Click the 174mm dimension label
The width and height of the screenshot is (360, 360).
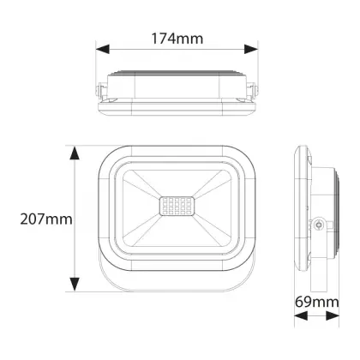coord(177,39)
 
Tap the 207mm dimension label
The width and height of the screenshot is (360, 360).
coord(46,219)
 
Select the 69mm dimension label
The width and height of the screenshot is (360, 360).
coord(317,302)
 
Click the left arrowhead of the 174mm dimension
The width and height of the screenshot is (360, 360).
coord(103,49)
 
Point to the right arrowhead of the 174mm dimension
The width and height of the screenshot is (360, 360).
coord(251,49)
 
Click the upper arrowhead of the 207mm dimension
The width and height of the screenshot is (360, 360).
coord(75,153)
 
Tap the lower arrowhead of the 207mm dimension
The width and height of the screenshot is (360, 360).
coord(75,284)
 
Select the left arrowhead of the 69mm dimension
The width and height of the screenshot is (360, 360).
coord(301,315)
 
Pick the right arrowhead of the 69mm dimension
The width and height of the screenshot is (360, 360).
coord(333,315)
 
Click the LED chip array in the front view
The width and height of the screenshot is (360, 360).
coord(176,206)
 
